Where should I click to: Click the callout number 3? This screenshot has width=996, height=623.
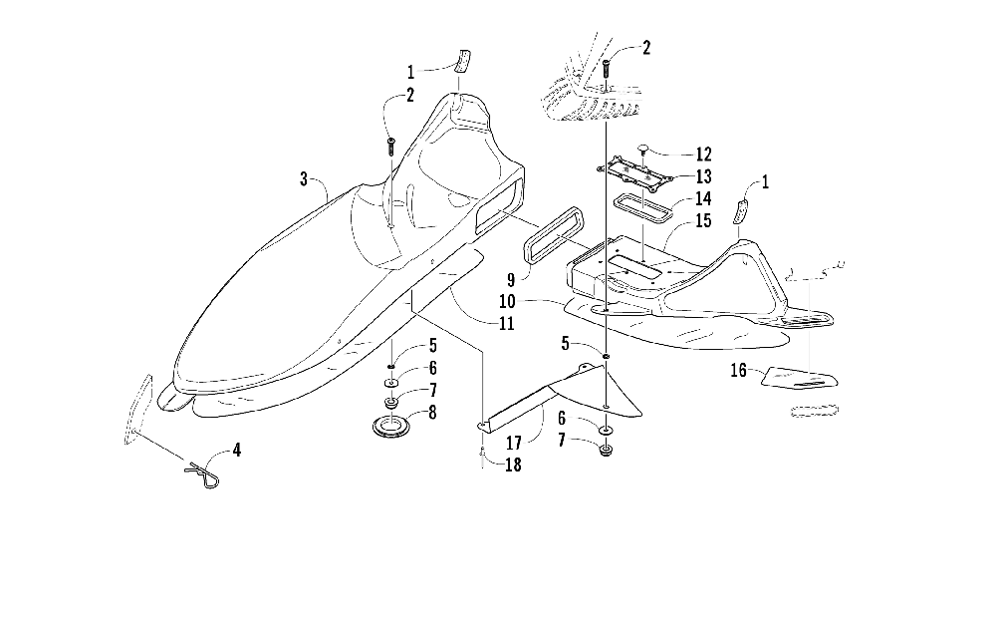click(303, 179)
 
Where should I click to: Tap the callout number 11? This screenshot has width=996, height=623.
click(508, 323)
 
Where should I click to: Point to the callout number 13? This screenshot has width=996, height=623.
click(704, 176)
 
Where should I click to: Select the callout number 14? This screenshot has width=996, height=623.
click(704, 198)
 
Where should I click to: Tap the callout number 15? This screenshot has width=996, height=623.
click(704, 220)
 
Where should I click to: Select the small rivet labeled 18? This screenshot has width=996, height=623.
click(481, 457)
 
